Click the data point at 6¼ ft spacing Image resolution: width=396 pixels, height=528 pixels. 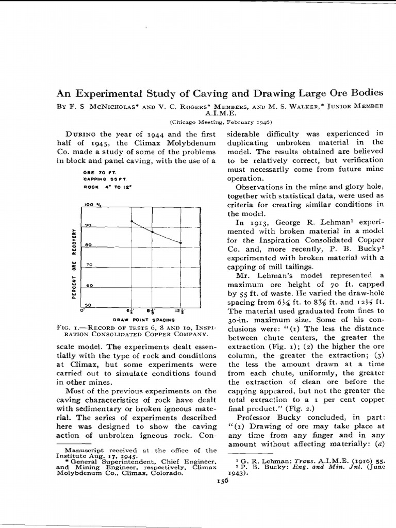[132, 221]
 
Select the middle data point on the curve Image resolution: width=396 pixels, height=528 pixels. [152, 232]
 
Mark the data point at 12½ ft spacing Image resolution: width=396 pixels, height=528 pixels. [180, 242]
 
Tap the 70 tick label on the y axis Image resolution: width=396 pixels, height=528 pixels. [88, 265]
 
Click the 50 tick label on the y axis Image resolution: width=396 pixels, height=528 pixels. [88, 305]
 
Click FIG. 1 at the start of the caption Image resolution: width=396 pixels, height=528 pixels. [65, 327]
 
